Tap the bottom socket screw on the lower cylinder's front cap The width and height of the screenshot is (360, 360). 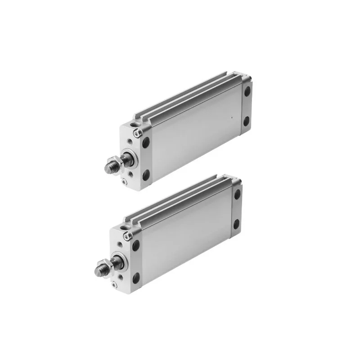(x=114, y=284)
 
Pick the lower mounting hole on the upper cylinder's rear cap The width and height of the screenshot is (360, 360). (x=246, y=121)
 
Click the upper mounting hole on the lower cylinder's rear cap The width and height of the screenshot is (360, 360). (x=237, y=194)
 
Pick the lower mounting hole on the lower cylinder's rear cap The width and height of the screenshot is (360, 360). (x=236, y=224)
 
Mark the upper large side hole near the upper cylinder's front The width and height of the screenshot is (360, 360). (x=146, y=142)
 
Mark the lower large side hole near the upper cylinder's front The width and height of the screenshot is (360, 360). (x=146, y=175)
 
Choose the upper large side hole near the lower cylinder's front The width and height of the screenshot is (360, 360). (x=136, y=246)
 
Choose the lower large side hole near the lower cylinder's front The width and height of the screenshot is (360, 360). (x=135, y=278)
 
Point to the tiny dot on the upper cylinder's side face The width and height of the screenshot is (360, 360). (x=231, y=118)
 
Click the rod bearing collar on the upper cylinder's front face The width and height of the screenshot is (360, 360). (x=130, y=157)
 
